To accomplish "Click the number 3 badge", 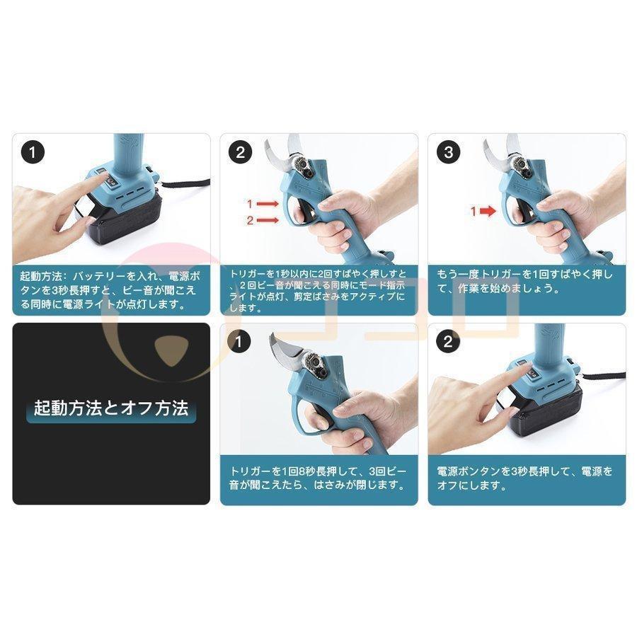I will coord(447,151).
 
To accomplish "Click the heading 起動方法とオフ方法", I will coord(111,408).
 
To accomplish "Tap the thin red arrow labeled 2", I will coord(267,221).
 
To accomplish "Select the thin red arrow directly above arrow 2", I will coord(267,204).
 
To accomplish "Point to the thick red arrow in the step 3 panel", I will coord(483,211).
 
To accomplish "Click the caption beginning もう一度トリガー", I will coord(526,281).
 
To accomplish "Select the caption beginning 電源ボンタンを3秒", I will coord(526,479).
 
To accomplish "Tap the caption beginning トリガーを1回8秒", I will coord(318,479).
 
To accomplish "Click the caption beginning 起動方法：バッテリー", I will coord(111,289).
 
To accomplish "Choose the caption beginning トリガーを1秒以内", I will coord(318,289).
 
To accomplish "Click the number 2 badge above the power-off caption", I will coord(447,343).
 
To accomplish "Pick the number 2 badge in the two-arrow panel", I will coord(240,151).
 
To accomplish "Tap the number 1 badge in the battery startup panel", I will coord(33,151).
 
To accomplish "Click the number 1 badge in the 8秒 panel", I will coord(240,343).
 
